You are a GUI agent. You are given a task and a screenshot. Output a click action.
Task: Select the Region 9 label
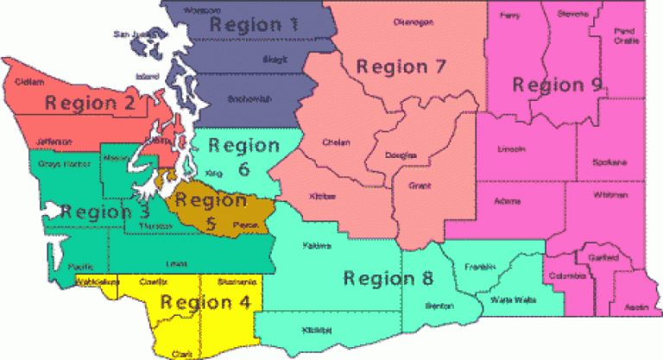[557, 85]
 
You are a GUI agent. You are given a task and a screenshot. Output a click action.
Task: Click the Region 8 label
[388, 278]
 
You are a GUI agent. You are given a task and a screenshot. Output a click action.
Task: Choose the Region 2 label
[92, 103]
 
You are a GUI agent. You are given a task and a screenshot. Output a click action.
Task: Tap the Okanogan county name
[412, 22]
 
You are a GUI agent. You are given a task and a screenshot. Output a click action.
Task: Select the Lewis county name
[176, 263]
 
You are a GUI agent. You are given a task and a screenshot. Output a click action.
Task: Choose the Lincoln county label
[511, 149]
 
